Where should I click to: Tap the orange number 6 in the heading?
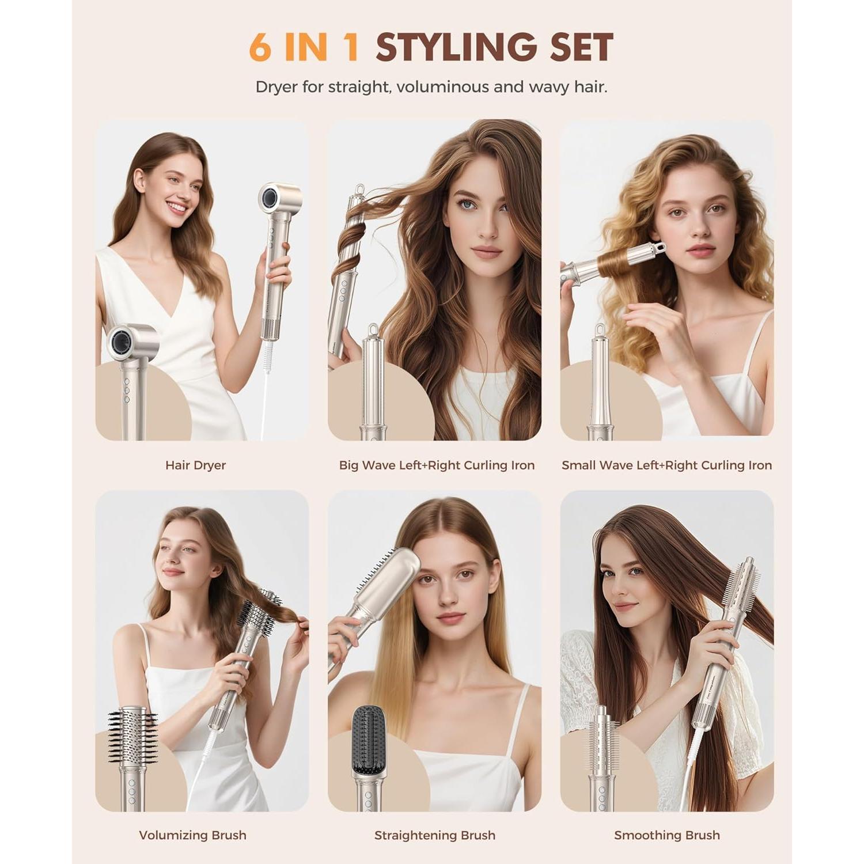click(260, 47)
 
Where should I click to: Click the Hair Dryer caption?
click(195, 465)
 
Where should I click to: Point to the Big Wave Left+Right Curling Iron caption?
click(437, 465)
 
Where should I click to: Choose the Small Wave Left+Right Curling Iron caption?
click(666, 465)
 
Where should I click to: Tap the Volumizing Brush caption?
click(192, 835)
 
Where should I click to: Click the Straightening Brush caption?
click(434, 835)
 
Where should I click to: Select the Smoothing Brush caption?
click(666, 835)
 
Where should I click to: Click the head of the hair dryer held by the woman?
click(279, 199)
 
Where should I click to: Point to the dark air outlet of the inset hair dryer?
click(122, 343)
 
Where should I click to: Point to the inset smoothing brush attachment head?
click(601, 737)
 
